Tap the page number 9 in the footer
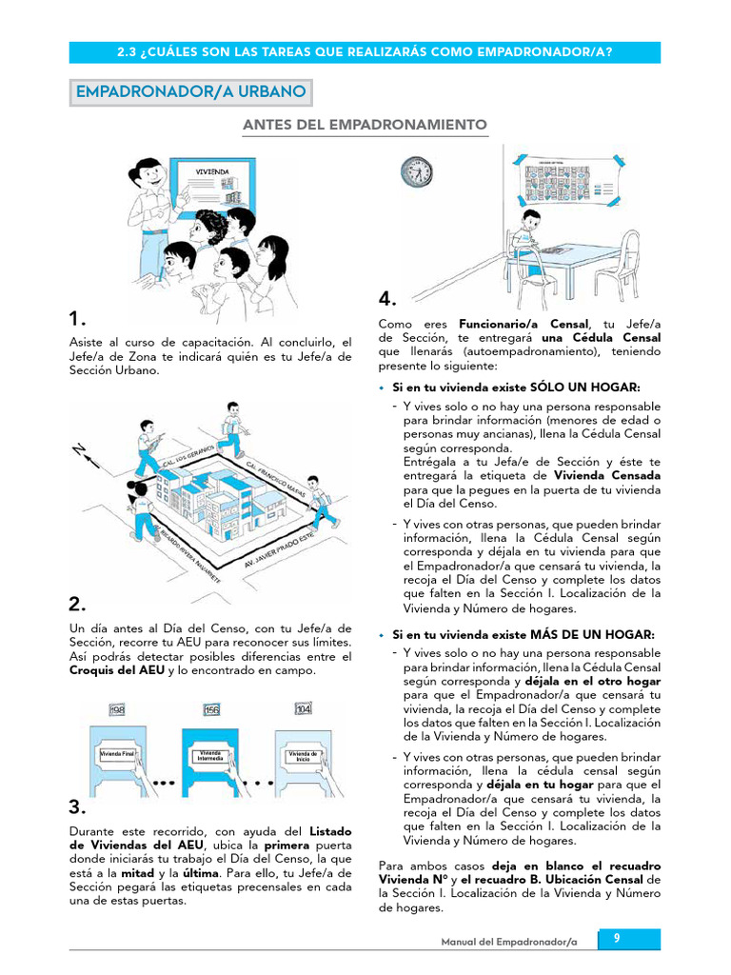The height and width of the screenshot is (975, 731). (x=617, y=939)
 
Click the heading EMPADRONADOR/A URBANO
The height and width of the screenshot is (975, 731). (x=190, y=92)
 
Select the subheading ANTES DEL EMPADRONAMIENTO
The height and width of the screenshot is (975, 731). (x=365, y=125)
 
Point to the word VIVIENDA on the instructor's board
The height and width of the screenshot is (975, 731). (x=212, y=171)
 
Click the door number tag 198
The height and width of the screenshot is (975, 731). (x=118, y=709)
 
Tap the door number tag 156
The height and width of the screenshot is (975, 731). (x=212, y=709)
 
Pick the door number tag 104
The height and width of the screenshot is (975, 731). (x=304, y=709)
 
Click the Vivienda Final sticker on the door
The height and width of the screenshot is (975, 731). (x=120, y=753)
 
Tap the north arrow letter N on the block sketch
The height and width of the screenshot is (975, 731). (x=80, y=449)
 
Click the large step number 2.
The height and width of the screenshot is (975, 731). (x=77, y=604)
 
